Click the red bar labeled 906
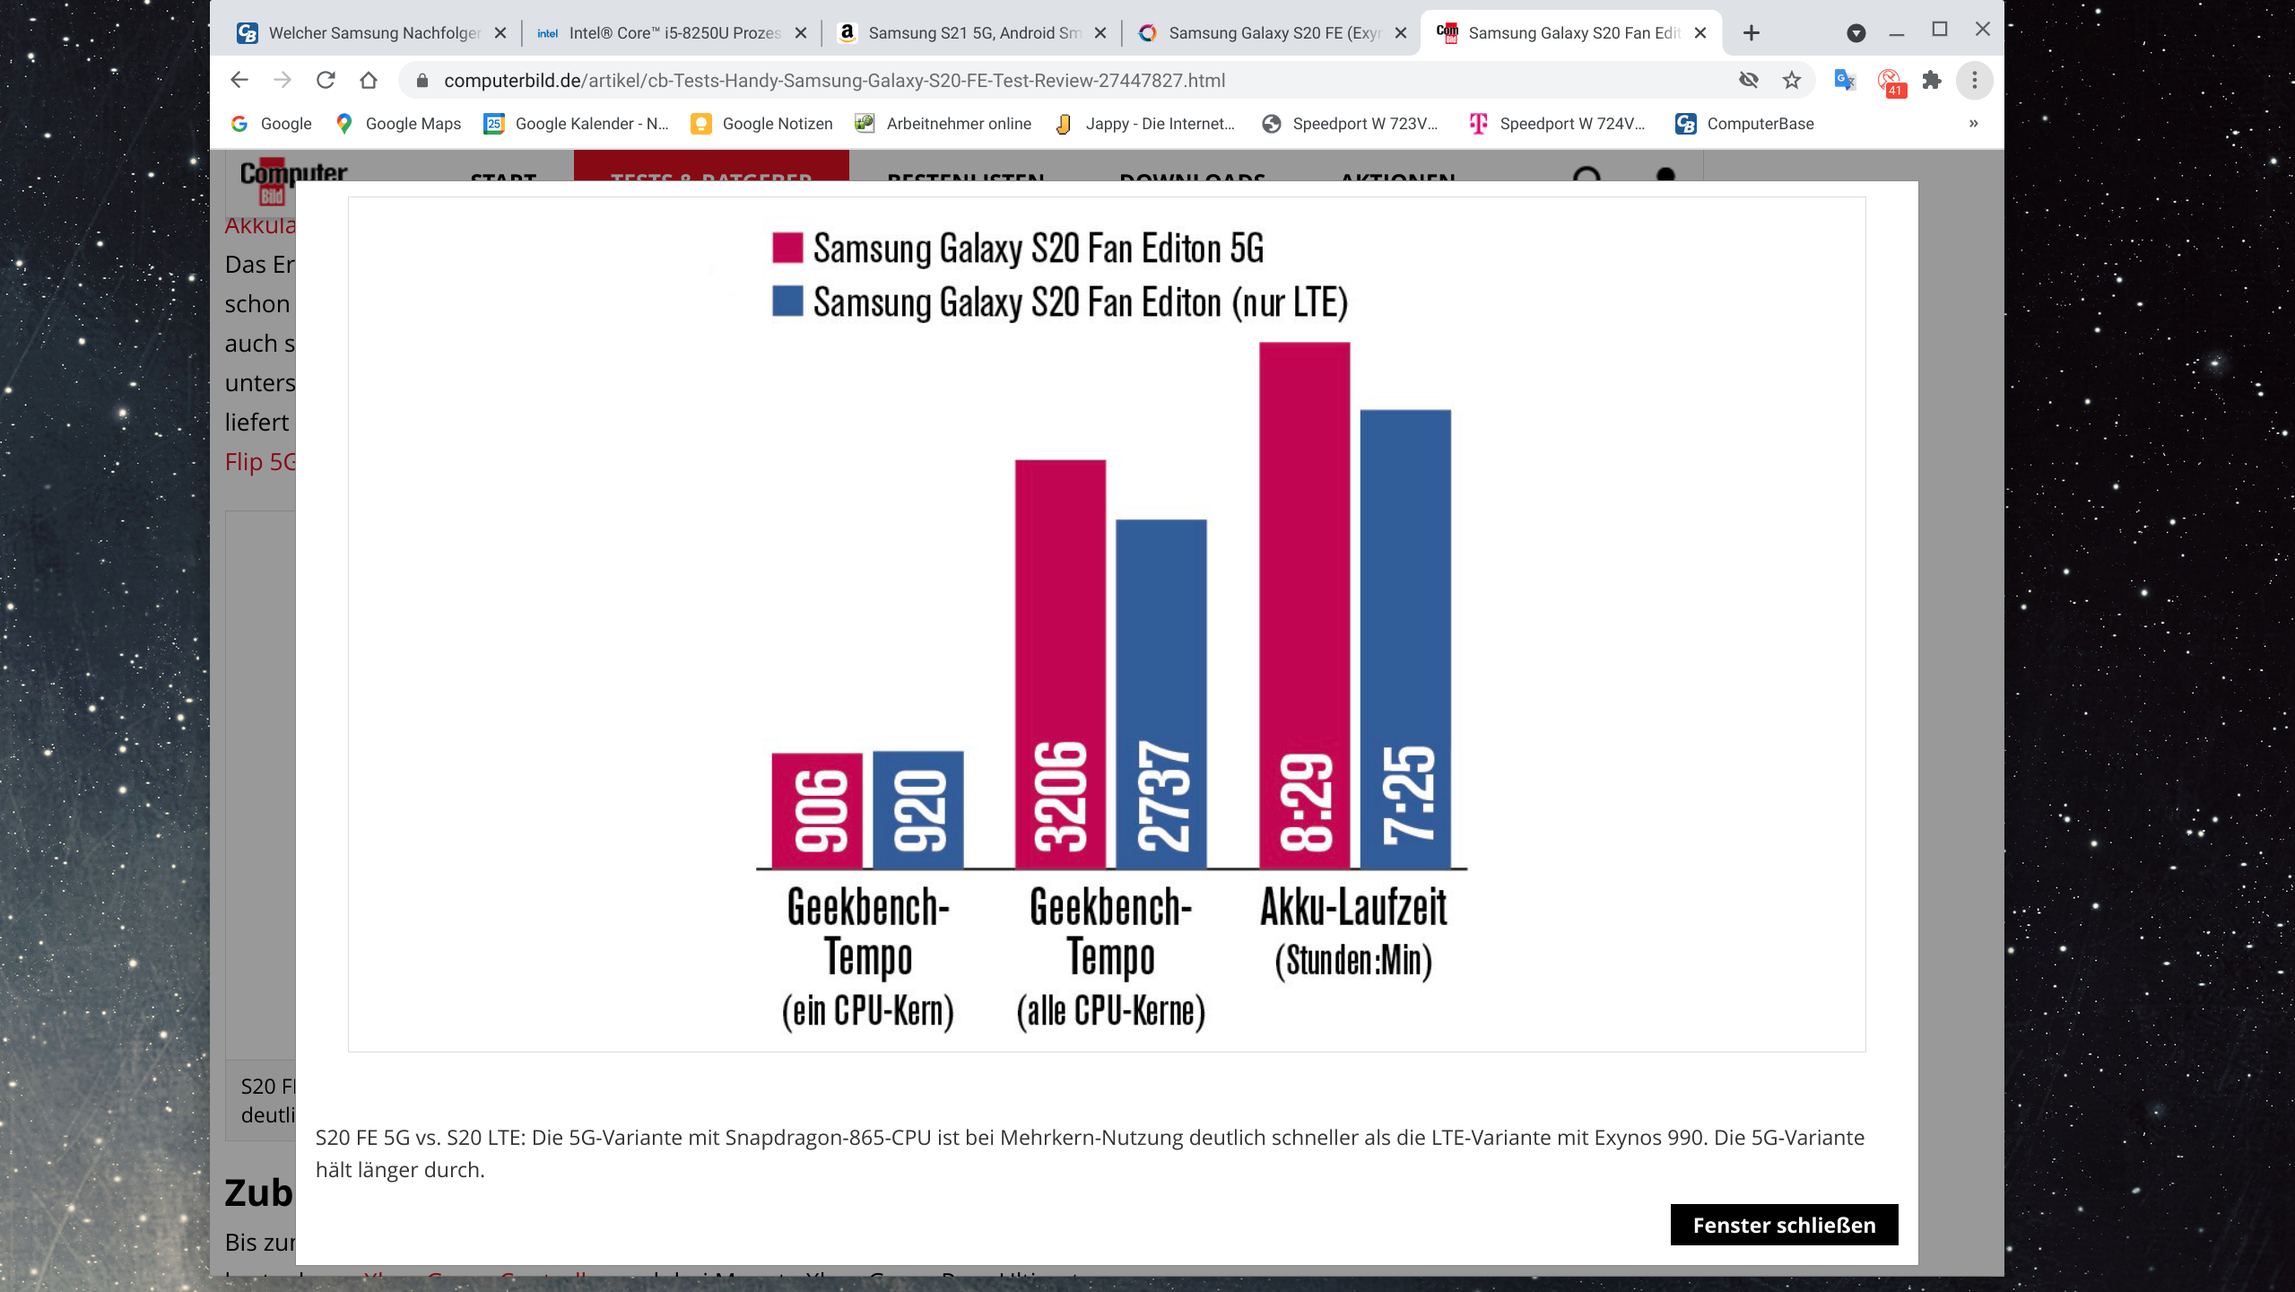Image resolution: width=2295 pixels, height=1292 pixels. coord(816,810)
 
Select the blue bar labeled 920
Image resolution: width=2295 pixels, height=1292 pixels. coord(917,809)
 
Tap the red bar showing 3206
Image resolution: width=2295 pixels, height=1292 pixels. coord(1060,664)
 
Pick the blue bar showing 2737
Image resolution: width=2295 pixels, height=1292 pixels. coord(1161,694)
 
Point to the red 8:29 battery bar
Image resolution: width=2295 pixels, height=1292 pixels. coord(1304,606)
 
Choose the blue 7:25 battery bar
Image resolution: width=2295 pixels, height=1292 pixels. coord(1405,639)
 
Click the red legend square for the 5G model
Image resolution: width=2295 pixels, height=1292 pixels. coord(787,248)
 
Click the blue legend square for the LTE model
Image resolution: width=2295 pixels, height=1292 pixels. coord(787,301)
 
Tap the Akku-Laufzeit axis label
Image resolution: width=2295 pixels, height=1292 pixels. coord(1353,908)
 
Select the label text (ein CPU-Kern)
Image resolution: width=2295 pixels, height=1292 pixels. coord(867,1011)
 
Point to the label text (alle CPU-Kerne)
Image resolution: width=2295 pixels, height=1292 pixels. coord(1110,1011)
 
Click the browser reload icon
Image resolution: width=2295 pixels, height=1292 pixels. coord(326,81)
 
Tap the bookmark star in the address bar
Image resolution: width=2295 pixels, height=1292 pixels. coord(1791,81)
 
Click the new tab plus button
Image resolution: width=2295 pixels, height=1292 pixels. coord(1751,33)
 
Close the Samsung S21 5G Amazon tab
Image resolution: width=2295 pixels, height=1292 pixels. coord(1100,33)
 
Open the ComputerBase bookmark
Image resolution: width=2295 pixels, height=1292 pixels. coord(1744,124)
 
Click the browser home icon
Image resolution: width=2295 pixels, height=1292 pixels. coord(369,81)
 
